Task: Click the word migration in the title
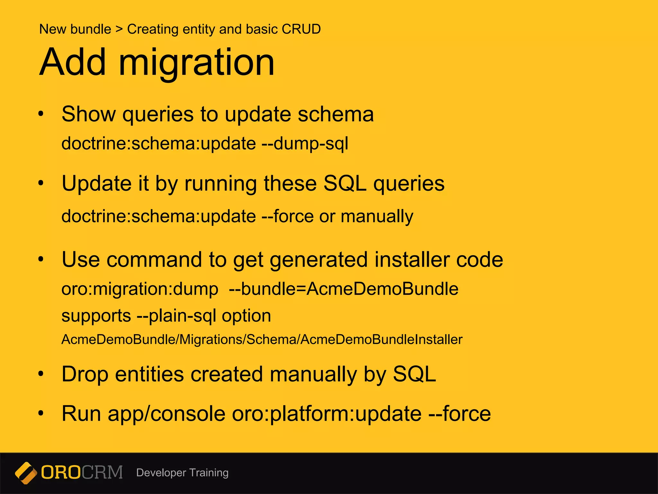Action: point(197,62)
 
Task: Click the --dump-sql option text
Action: point(305,143)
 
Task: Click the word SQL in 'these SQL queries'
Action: point(344,184)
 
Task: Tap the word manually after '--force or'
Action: point(377,216)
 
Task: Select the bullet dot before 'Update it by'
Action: point(40,183)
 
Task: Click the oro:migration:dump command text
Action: point(140,289)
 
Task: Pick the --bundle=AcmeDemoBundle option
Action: point(343,289)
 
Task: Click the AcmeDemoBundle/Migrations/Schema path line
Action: point(262,340)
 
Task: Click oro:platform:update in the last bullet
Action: point(326,414)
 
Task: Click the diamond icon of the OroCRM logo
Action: point(26,473)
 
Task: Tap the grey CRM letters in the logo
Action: point(102,472)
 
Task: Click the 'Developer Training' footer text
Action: point(182,473)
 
